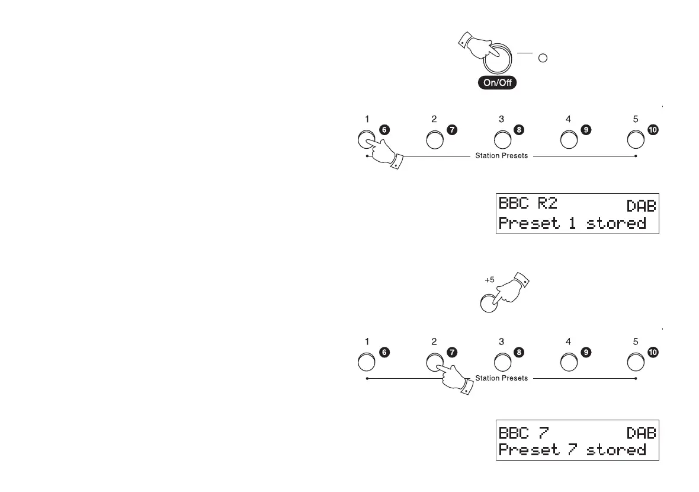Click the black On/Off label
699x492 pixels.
498,83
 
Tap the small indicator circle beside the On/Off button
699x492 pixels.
541,58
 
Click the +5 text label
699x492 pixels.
489,279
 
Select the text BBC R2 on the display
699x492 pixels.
528,204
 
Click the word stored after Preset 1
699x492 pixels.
616,223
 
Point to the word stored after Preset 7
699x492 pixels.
616,450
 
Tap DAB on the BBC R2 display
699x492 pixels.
641,206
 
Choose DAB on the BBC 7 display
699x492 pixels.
641,433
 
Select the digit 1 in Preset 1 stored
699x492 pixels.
572,223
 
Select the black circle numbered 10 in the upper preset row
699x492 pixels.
653,131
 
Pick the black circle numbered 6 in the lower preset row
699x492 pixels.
384,353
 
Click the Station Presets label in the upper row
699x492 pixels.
501,156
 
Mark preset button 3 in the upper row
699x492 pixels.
502,140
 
